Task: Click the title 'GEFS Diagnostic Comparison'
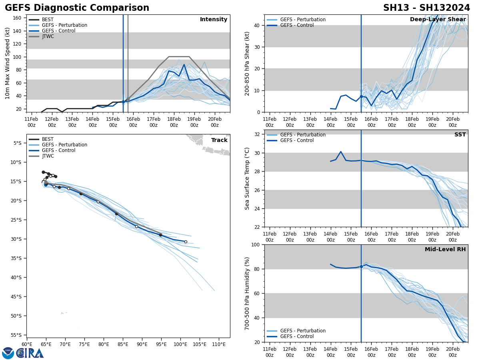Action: [x=77, y=8]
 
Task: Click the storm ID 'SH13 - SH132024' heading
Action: [x=426, y=8]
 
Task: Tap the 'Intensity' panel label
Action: [x=214, y=20]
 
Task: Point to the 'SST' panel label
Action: [x=460, y=135]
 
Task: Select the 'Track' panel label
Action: [x=219, y=140]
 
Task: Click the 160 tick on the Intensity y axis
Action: [x=17, y=18]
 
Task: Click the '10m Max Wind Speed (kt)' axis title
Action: [x=8, y=63]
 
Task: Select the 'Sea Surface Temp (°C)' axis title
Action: [x=247, y=178]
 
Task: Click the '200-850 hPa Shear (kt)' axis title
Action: [x=247, y=63]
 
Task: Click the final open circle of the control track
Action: [x=186, y=242]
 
